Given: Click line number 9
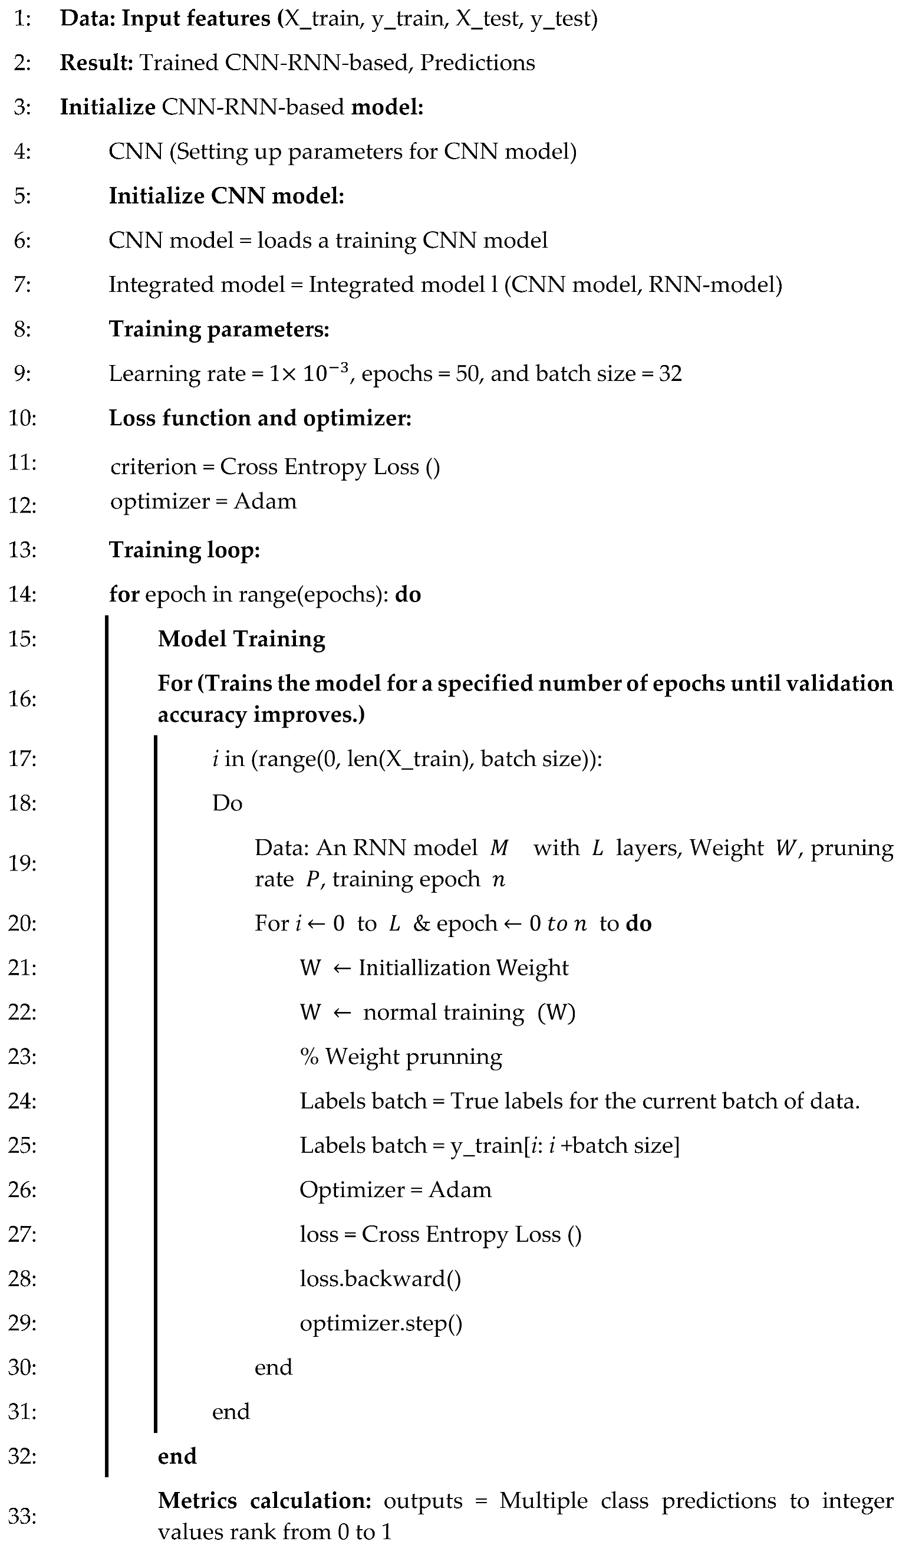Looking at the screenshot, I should [x=22, y=373].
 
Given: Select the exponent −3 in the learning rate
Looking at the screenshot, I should [x=340, y=368].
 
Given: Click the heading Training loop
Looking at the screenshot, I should [x=184, y=550].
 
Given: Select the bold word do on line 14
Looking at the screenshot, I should [x=408, y=594].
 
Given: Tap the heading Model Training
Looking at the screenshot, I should [x=241, y=639].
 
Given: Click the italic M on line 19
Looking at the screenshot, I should [x=499, y=848].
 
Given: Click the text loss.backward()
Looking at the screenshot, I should [x=380, y=1279].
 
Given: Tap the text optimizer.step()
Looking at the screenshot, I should [x=381, y=1323].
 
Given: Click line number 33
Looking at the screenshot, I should [x=22, y=1516].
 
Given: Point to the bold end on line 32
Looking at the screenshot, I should [x=177, y=1456].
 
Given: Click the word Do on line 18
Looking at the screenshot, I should [x=227, y=803].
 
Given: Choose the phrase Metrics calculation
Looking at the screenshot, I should [x=264, y=1501].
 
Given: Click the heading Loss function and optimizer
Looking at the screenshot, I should [x=260, y=418].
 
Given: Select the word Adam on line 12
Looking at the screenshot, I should [x=265, y=501].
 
